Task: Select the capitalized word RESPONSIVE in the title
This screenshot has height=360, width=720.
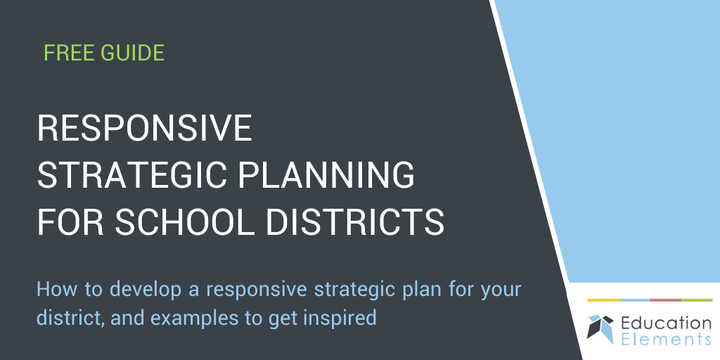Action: pyautogui.click(x=144, y=129)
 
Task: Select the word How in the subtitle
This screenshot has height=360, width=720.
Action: pyautogui.click(x=53, y=289)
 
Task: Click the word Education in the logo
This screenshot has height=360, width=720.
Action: pyautogui.click(x=666, y=323)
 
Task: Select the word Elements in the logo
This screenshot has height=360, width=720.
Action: pyautogui.click(x=666, y=340)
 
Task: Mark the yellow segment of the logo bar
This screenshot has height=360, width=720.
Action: pyautogui.click(x=603, y=300)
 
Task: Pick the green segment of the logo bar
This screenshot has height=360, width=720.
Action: pyautogui.click(x=697, y=300)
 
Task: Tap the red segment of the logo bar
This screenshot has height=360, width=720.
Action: pyautogui.click(x=665, y=300)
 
